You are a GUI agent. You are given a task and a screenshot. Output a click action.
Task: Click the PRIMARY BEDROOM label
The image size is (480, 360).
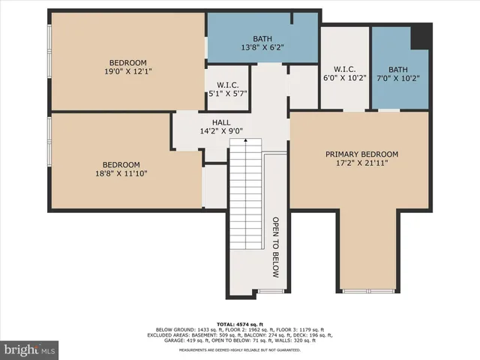click(x=361, y=154)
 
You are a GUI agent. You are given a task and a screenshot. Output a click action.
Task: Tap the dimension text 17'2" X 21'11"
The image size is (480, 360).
click(x=361, y=163)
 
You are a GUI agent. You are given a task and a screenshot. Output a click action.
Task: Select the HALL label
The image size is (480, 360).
click(x=220, y=122)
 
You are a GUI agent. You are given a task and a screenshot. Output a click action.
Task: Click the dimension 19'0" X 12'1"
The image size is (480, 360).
click(x=127, y=72)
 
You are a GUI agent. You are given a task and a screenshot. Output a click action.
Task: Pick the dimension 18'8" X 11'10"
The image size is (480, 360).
click(x=121, y=174)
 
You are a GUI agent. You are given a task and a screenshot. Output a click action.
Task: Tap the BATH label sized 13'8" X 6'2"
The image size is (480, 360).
click(x=262, y=39)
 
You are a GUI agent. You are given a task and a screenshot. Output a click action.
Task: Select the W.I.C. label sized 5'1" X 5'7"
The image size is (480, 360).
click(x=226, y=85)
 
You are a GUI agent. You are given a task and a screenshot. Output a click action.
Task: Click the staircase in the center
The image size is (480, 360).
click(x=247, y=195)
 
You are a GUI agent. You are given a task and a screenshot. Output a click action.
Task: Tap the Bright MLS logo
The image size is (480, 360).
click(x=29, y=349)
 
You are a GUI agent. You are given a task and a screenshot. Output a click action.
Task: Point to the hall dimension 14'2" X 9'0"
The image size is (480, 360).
click(x=220, y=131)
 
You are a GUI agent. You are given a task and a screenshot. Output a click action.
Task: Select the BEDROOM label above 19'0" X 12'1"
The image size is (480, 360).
click(x=127, y=62)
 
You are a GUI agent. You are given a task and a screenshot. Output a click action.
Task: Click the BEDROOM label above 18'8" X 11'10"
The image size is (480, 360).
click(x=121, y=165)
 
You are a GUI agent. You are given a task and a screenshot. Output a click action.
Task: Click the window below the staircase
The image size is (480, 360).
click(x=270, y=291)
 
